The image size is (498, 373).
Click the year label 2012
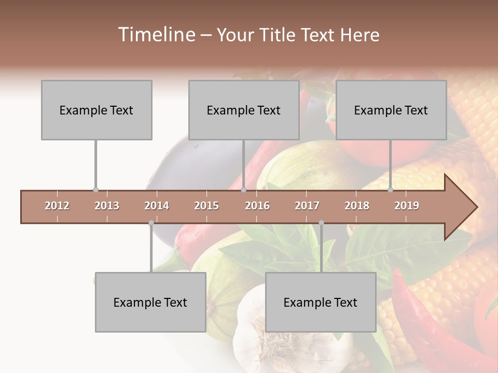[x=57, y=206]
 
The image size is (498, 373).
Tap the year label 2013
[x=107, y=206]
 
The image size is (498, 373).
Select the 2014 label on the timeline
[x=157, y=206]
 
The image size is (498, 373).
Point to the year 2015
[x=206, y=206]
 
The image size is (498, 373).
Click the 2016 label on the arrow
[x=257, y=206]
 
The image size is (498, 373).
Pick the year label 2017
[x=307, y=206]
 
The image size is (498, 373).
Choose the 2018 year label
[x=357, y=206]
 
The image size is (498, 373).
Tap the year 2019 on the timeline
[x=407, y=206]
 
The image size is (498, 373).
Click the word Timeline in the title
[x=155, y=35]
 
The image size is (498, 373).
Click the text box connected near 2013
[x=96, y=110]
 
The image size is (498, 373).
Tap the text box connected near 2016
[x=244, y=110]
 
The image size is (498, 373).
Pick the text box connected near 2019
[x=391, y=110]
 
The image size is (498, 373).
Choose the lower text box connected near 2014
[x=150, y=302]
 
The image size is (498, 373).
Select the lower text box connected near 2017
[x=321, y=302]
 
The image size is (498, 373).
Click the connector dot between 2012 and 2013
[x=95, y=190]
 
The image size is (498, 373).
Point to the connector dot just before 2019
[x=391, y=190]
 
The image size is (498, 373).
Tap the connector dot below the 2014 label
[x=151, y=223]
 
